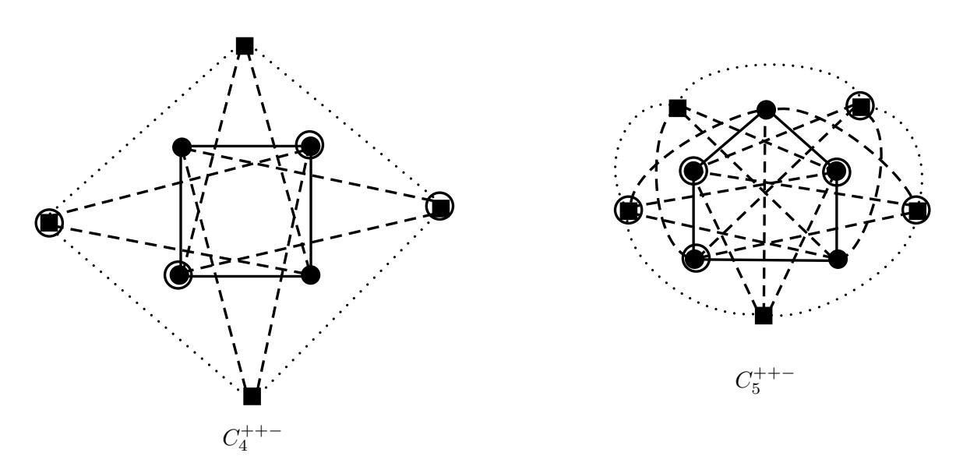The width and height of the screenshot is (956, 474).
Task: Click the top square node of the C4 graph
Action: click(245, 46)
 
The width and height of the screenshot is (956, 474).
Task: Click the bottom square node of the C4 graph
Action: click(252, 396)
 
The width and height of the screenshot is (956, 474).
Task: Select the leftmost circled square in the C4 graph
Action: click(50, 222)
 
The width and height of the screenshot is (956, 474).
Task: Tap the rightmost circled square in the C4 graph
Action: click(439, 207)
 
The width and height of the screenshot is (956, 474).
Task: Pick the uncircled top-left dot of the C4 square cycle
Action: click(182, 147)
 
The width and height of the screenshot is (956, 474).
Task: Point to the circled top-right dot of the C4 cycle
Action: click(310, 145)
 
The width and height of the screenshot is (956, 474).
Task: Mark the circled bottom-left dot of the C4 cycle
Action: click(178, 274)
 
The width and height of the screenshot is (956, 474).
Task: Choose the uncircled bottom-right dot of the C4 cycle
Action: click(311, 275)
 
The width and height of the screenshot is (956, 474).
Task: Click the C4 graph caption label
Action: click(252, 438)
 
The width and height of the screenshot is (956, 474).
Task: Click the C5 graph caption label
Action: click(764, 381)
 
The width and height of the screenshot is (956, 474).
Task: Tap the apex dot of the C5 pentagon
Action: click(766, 110)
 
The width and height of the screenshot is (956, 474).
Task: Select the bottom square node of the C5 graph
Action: click(764, 316)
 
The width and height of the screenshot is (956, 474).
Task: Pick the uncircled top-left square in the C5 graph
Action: click(678, 108)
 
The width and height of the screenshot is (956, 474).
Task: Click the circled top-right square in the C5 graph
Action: click(860, 106)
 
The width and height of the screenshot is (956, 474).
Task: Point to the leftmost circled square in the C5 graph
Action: click(629, 210)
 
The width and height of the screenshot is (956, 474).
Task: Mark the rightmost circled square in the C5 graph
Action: click(917, 210)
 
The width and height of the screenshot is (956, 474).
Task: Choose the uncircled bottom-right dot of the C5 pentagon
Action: click(838, 260)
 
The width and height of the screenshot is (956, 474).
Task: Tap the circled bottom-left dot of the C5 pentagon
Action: click(695, 258)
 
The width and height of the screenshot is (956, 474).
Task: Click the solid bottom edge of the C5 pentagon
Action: click(767, 259)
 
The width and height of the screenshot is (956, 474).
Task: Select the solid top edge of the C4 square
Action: click(246, 147)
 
